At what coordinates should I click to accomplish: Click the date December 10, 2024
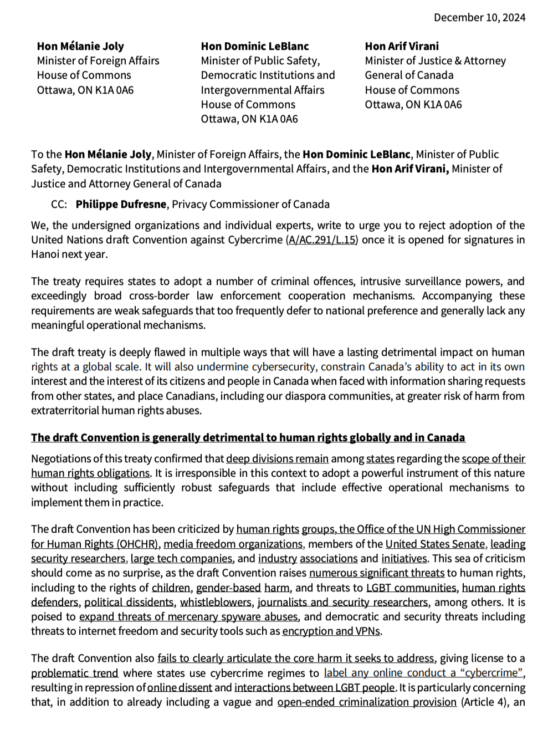(x=479, y=17)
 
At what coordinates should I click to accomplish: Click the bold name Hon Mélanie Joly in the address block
(x=80, y=46)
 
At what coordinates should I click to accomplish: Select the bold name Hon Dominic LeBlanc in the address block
(x=254, y=46)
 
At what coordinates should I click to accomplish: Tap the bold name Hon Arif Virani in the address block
(x=401, y=46)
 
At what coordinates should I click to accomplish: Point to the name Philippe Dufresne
(x=121, y=204)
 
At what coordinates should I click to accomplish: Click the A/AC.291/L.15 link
(x=322, y=239)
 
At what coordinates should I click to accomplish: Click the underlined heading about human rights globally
(x=248, y=437)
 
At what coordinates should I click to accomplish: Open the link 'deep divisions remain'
(x=277, y=458)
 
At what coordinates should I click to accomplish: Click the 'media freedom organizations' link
(x=233, y=544)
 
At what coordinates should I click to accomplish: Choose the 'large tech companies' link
(x=182, y=558)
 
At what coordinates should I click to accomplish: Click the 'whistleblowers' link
(x=216, y=602)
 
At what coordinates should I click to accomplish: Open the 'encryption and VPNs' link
(x=331, y=631)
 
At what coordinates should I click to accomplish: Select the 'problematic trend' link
(x=74, y=673)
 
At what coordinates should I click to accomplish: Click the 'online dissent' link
(x=180, y=687)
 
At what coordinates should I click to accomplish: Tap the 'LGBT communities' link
(x=411, y=588)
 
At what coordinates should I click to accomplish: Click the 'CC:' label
(x=59, y=204)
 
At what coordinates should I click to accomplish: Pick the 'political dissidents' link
(x=129, y=602)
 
